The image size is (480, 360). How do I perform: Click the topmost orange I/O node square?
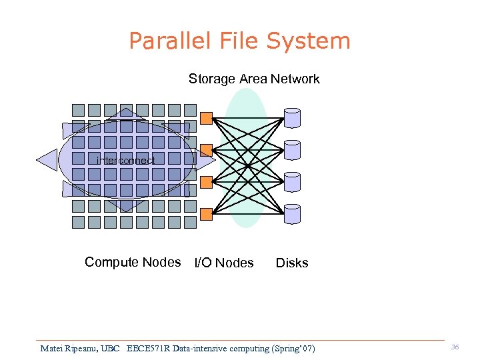[207, 118]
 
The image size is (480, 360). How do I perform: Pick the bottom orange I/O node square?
[207, 214]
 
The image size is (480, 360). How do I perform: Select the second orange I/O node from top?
[207, 150]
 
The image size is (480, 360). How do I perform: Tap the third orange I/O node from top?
[207, 182]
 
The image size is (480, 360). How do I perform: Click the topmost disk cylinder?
[292, 118]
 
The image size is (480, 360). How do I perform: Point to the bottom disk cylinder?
[292, 214]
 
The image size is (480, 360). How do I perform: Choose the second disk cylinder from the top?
[292, 150]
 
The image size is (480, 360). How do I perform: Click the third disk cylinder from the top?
[292, 182]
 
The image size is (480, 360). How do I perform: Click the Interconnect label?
[126, 161]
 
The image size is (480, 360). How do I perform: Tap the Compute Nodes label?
[133, 262]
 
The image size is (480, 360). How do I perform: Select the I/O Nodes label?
[224, 263]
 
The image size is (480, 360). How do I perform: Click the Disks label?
[292, 263]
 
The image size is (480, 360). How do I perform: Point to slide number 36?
[455, 347]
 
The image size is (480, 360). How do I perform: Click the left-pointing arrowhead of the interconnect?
[47, 161]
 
